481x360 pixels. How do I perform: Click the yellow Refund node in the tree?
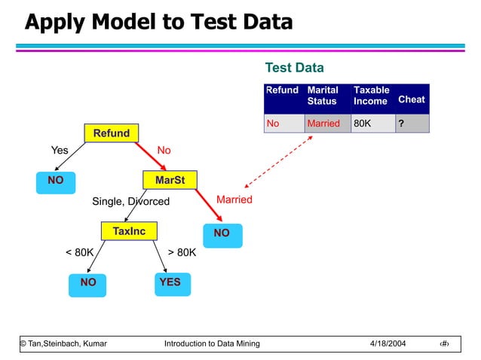coord(112,133)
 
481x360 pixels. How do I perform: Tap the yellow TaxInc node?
coord(129,231)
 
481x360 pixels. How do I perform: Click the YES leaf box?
coord(170,282)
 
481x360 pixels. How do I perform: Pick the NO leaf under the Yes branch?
coord(56,181)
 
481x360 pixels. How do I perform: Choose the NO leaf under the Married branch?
coord(222,233)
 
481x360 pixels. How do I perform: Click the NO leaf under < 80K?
coord(88,282)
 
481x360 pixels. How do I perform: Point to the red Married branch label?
coord(234,200)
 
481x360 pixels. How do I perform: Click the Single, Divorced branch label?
coord(130,201)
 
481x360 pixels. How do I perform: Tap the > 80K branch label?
coord(182,252)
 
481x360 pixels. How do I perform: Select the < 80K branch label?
coord(79,252)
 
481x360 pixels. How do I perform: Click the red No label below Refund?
coord(164,151)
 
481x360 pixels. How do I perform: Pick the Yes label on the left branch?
coord(60,151)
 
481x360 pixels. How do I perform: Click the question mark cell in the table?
coord(412,124)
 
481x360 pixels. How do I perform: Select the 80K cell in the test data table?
coord(372,124)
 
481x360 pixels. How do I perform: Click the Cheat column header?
coord(411,99)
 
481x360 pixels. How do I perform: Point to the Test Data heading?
coord(294,69)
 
